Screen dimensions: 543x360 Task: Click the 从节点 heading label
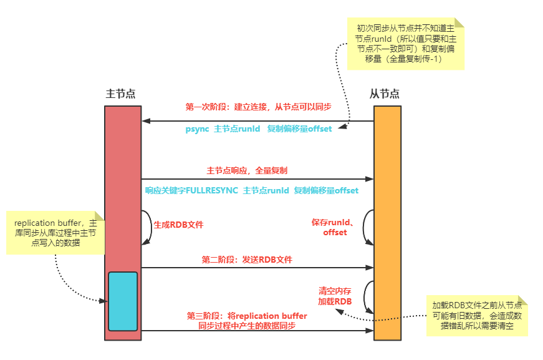click(384, 94)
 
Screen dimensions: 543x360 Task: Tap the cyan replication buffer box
click(122, 301)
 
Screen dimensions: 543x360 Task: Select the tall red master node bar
click(122, 187)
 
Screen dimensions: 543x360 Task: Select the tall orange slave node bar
click(387, 187)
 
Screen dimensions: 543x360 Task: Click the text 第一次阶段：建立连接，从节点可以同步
click(258, 107)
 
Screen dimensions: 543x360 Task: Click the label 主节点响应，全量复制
click(247, 170)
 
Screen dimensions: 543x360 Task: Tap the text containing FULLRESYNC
click(251, 190)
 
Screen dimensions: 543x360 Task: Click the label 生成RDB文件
click(178, 225)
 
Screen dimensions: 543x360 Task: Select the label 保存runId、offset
click(334, 227)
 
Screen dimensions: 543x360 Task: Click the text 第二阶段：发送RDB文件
click(247, 260)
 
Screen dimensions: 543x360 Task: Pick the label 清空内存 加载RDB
click(335, 296)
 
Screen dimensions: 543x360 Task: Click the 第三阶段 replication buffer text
click(247, 321)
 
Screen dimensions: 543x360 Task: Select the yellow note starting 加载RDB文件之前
click(478, 316)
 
